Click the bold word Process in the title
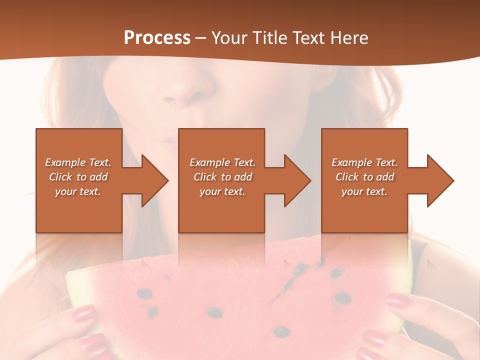157,38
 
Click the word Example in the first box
65,162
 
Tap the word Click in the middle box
205,177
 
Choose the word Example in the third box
351,162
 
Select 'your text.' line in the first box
78,191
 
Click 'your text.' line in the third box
364,191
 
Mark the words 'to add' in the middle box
236,177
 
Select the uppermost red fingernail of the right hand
399,300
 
